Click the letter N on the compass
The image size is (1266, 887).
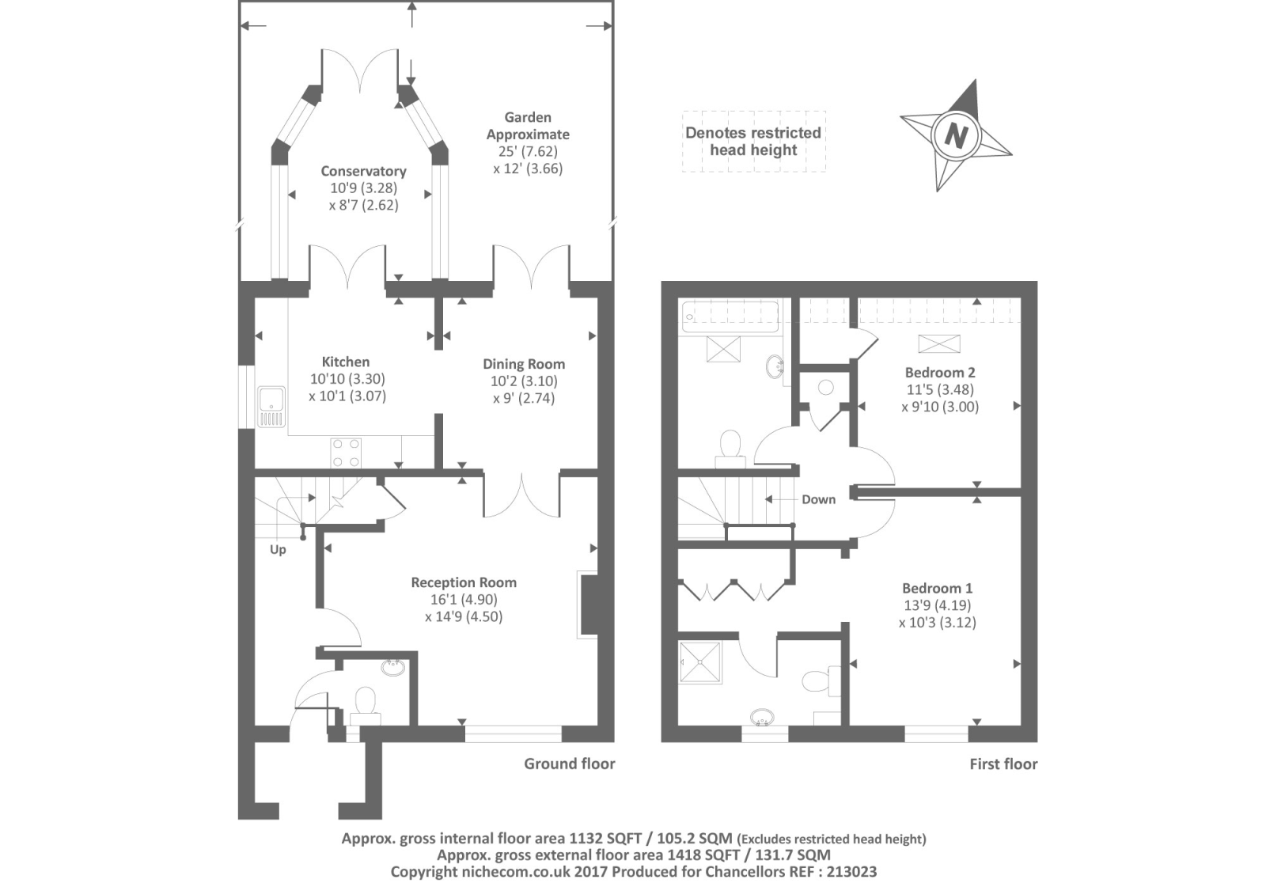pyautogui.click(x=956, y=135)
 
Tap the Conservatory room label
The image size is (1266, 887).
pyautogui.click(x=363, y=171)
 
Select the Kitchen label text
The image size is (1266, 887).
pyautogui.click(x=346, y=362)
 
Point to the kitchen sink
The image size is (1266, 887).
pyautogui.click(x=271, y=407)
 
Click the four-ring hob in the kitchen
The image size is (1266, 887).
pyautogui.click(x=346, y=453)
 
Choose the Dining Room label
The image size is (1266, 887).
pyautogui.click(x=524, y=364)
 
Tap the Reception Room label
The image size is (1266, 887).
pyautogui.click(x=464, y=582)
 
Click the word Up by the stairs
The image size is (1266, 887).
pyautogui.click(x=278, y=549)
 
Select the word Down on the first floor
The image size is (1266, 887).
pyautogui.click(x=818, y=499)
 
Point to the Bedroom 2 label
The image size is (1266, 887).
pyautogui.click(x=940, y=373)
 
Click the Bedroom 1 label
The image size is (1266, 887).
pyautogui.click(x=937, y=589)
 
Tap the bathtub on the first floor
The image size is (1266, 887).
pyautogui.click(x=730, y=317)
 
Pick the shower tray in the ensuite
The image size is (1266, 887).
pyautogui.click(x=701, y=662)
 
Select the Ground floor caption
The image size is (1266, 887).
pyautogui.click(x=569, y=764)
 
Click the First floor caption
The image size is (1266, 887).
pyautogui.click(x=1003, y=764)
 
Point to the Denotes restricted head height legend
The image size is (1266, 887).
pyautogui.click(x=753, y=142)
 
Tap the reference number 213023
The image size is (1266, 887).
pyautogui.click(x=851, y=872)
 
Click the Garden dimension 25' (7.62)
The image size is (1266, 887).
pyautogui.click(x=528, y=151)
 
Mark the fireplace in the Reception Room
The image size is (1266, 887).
pyautogui.click(x=588, y=605)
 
